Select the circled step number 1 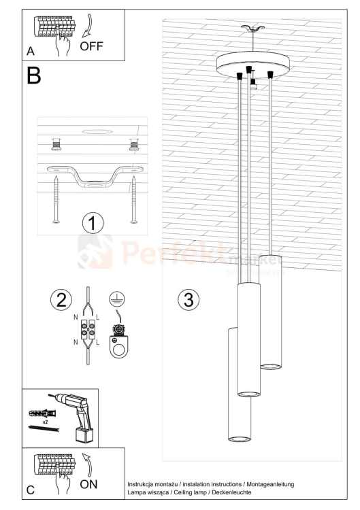click(93, 222)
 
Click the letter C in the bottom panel click(31, 488)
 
